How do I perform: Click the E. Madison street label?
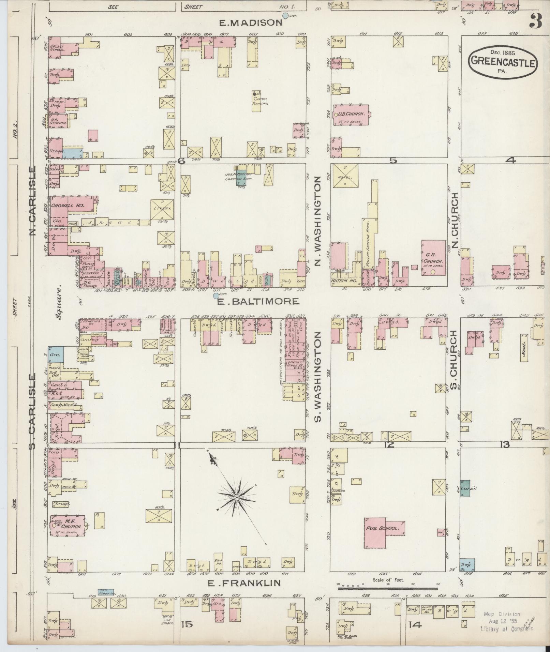click(x=251, y=23)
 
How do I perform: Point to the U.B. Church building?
click(x=351, y=115)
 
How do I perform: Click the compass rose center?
click(x=236, y=498)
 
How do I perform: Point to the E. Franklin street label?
click(x=244, y=583)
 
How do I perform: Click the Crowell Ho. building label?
click(x=63, y=206)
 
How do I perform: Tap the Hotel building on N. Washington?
click(x=345, y=176)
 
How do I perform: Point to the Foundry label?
click(x=260, y=104)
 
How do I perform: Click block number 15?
click(x=187, y=625)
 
